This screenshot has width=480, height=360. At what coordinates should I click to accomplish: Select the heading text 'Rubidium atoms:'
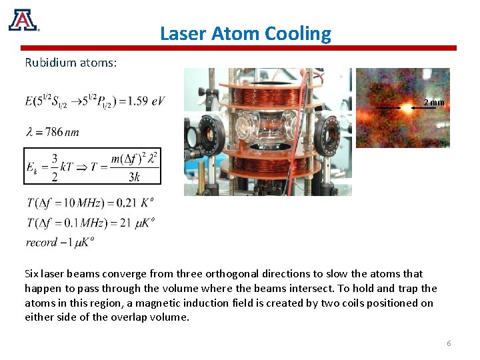[x=71, y=63]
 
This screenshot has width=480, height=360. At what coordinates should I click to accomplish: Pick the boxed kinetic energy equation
[x=93, y=166]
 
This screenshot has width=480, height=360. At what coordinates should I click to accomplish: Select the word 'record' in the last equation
[x=41, y=242]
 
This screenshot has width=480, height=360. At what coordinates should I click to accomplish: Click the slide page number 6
[x=449, y=343]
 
